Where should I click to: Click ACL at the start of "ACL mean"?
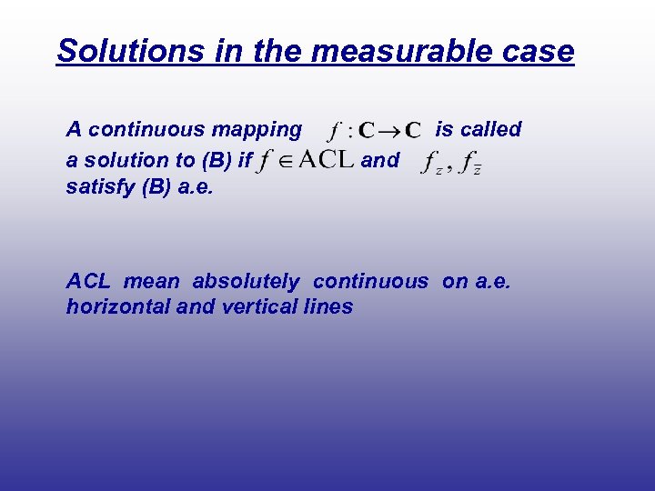click(x=88, y=282)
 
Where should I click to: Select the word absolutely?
click(x=245, y=282)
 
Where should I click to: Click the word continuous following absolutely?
click(x=370, y=282)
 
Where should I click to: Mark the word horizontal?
click(x=118, y=307)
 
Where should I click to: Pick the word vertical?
click(x=251, y=307)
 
